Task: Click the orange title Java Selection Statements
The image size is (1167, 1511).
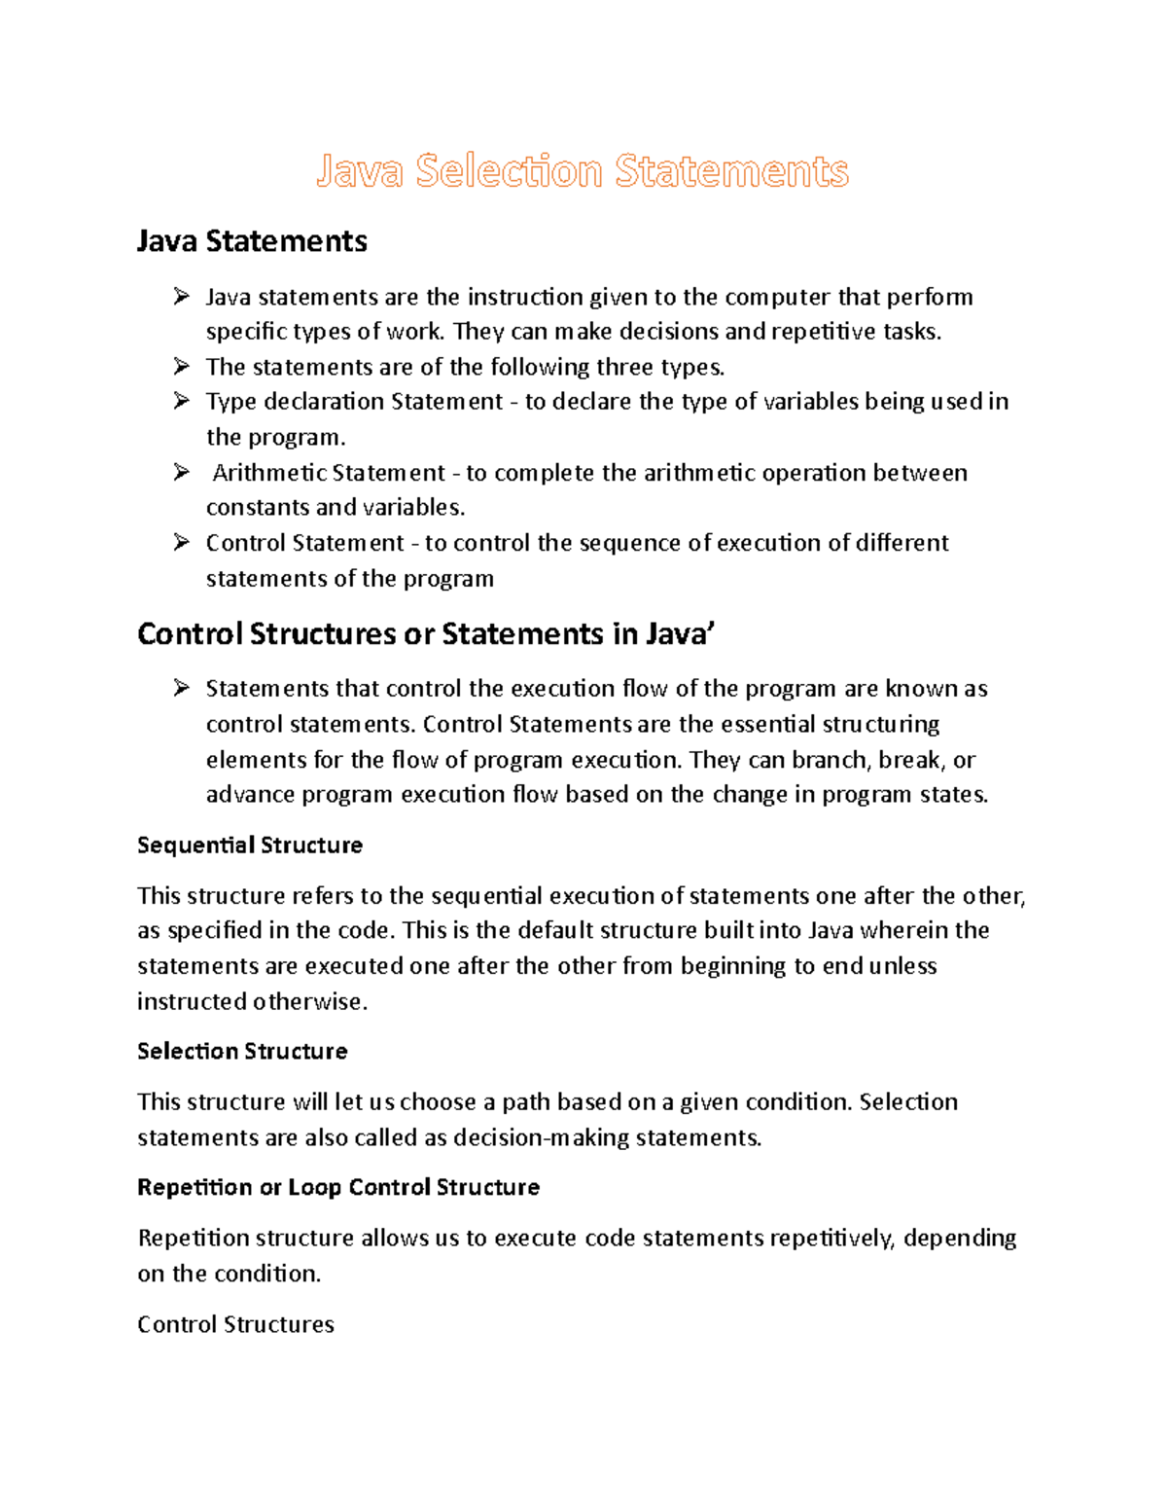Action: [582, 171]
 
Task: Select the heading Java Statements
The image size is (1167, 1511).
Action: [252, 241]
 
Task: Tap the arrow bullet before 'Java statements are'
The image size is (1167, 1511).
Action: [182, 296]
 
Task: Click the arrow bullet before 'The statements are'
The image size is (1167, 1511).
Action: [182, 367]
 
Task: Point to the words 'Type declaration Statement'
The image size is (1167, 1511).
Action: [354, 402]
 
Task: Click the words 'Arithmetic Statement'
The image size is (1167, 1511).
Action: [329, 473]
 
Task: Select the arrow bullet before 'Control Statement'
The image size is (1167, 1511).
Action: [182, 543]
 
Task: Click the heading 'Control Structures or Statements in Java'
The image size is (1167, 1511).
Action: [426, 634]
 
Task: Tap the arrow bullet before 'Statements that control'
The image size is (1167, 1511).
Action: [182, 689]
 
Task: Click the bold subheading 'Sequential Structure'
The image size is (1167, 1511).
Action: [250, 845]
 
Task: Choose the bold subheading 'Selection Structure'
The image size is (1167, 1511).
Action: [242, 1052]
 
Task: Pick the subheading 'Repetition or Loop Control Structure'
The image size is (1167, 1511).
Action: [338, 1188]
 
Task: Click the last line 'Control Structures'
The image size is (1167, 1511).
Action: [235, 1324]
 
